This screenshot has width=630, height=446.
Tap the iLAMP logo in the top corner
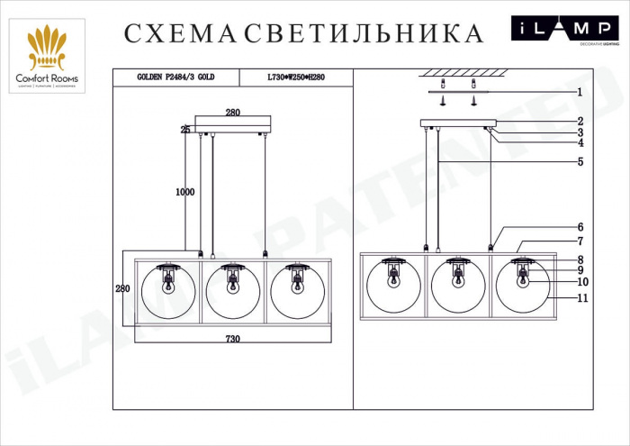[565, 30]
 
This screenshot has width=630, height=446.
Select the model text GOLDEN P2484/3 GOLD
[175, 77]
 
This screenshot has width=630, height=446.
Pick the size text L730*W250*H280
[296, 77]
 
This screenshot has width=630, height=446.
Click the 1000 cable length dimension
[185, 191]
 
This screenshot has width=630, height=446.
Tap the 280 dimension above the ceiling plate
[232, 113]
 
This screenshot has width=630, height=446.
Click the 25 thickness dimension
[185, 130]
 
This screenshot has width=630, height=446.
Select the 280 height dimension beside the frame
[122, 288]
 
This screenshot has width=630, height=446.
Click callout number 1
[580, 92]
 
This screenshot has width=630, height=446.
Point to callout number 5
[580, 162]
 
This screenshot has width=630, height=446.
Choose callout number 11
[582, 297]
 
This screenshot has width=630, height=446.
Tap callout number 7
[580, 241]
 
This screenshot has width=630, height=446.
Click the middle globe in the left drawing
[232, 290]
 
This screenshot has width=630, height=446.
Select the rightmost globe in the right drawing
[523, 287]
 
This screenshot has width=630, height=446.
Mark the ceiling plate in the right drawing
[457, 123]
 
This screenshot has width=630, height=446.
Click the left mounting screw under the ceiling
[443, 101]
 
